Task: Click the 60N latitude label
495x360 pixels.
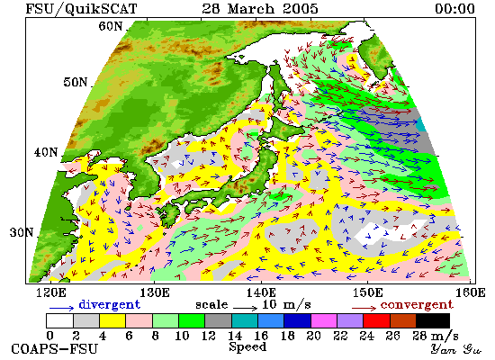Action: [x=110, y=26]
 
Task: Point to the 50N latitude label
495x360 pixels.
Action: [x=75, y=82]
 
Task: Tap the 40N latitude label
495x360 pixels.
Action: [x=46, y=152]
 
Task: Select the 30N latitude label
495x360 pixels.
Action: [x=22, y=233]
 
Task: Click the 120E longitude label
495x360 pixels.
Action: [x=51, y=292]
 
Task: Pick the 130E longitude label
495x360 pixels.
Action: [x=155, y=292]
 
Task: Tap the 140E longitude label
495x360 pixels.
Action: [x=261, y=292]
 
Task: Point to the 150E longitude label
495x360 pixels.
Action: [x=367, y=292]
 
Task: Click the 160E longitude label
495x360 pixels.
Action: [x=471, y=292]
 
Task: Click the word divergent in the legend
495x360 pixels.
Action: [x=109, y=304]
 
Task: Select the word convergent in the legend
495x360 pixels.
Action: [x=417, y=305]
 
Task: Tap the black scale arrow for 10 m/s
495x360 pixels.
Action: [x=246, y=307]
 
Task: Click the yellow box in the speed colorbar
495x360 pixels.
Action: [x=112, y=320]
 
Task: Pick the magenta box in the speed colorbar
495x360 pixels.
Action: [x=324, y=320]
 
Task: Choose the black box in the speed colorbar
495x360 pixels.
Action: [x=433, y=320]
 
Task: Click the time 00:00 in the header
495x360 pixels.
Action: [x=454, y=8]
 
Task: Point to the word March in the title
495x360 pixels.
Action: [x=251, y=8]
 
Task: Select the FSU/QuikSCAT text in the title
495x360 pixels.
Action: [x=81, y=9]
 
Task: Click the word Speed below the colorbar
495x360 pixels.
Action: [x=247, y=346]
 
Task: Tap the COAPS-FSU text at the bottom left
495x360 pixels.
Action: [x=55, y=349]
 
